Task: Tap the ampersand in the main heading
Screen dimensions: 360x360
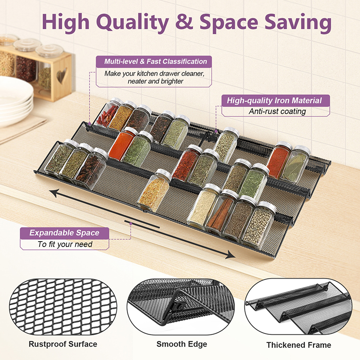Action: (x=184, y=21)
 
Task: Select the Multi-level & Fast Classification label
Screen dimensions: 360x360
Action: (x=155, y=61)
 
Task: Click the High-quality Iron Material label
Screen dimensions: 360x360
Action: (x=274, y=100)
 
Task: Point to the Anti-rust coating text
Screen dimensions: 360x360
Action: (x=277, y=111)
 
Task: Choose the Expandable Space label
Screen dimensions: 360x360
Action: (x=64, y=233)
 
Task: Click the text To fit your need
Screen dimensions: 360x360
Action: (x=65, y=244)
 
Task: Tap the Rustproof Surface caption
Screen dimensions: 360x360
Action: (x=63, y=344)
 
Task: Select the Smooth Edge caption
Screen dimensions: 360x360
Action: (x=182, y=344)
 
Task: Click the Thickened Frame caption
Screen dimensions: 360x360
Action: (x=298, y=345)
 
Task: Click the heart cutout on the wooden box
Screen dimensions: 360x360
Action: (x=62, y=75)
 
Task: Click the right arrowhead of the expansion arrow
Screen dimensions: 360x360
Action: (x=230, y=254)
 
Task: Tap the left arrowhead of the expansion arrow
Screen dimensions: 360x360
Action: (x=54, y=193)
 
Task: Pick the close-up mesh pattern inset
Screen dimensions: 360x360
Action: (x=63, y=307)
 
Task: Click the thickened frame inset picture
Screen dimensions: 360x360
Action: (x=298, y=307)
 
